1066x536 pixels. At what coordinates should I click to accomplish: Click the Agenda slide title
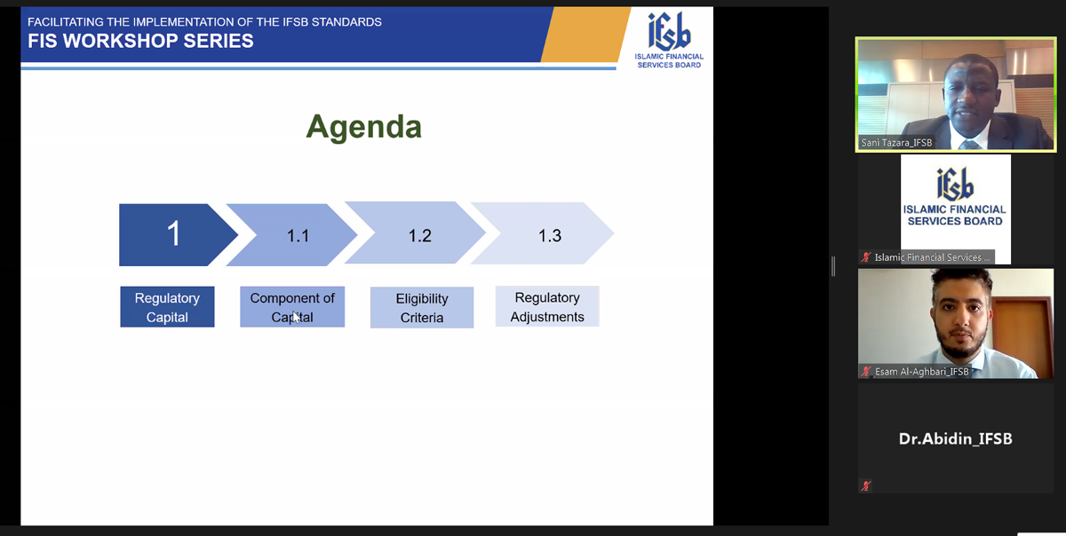(x=364, y=127)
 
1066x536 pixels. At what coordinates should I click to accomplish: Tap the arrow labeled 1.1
(x=291, y=235)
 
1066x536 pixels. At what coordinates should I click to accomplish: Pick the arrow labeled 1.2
(x=415, y=233)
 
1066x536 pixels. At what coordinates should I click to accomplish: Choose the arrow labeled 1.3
(x=543, y=233)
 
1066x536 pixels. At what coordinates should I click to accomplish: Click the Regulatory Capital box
(x=167, y=307)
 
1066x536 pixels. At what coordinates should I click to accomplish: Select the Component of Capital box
(x=292, y=307)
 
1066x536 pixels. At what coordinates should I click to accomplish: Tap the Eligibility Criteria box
(x=422, y=307)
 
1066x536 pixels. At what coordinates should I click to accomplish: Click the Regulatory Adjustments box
(x=547, y=306)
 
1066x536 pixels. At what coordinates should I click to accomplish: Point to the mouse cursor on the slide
(x=297, y=317)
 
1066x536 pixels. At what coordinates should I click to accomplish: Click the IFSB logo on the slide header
(x=669, y=40)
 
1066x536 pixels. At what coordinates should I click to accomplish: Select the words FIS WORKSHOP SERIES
(x=140, y=42)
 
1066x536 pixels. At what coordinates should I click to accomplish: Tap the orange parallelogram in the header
(x=585, y=35)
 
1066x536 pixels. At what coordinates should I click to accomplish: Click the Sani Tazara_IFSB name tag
(x=896, y=143)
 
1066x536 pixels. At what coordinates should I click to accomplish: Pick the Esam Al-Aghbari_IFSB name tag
(x=922, y=372)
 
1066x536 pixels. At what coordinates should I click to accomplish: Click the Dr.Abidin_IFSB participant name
(x=956, y=438)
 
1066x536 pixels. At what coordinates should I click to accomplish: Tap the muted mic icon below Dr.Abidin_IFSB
(x=866, y=485)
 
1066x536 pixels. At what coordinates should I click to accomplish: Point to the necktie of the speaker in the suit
(x=967, y=145)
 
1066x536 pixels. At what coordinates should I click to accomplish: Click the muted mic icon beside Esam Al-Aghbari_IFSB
(x=866, y=372)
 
